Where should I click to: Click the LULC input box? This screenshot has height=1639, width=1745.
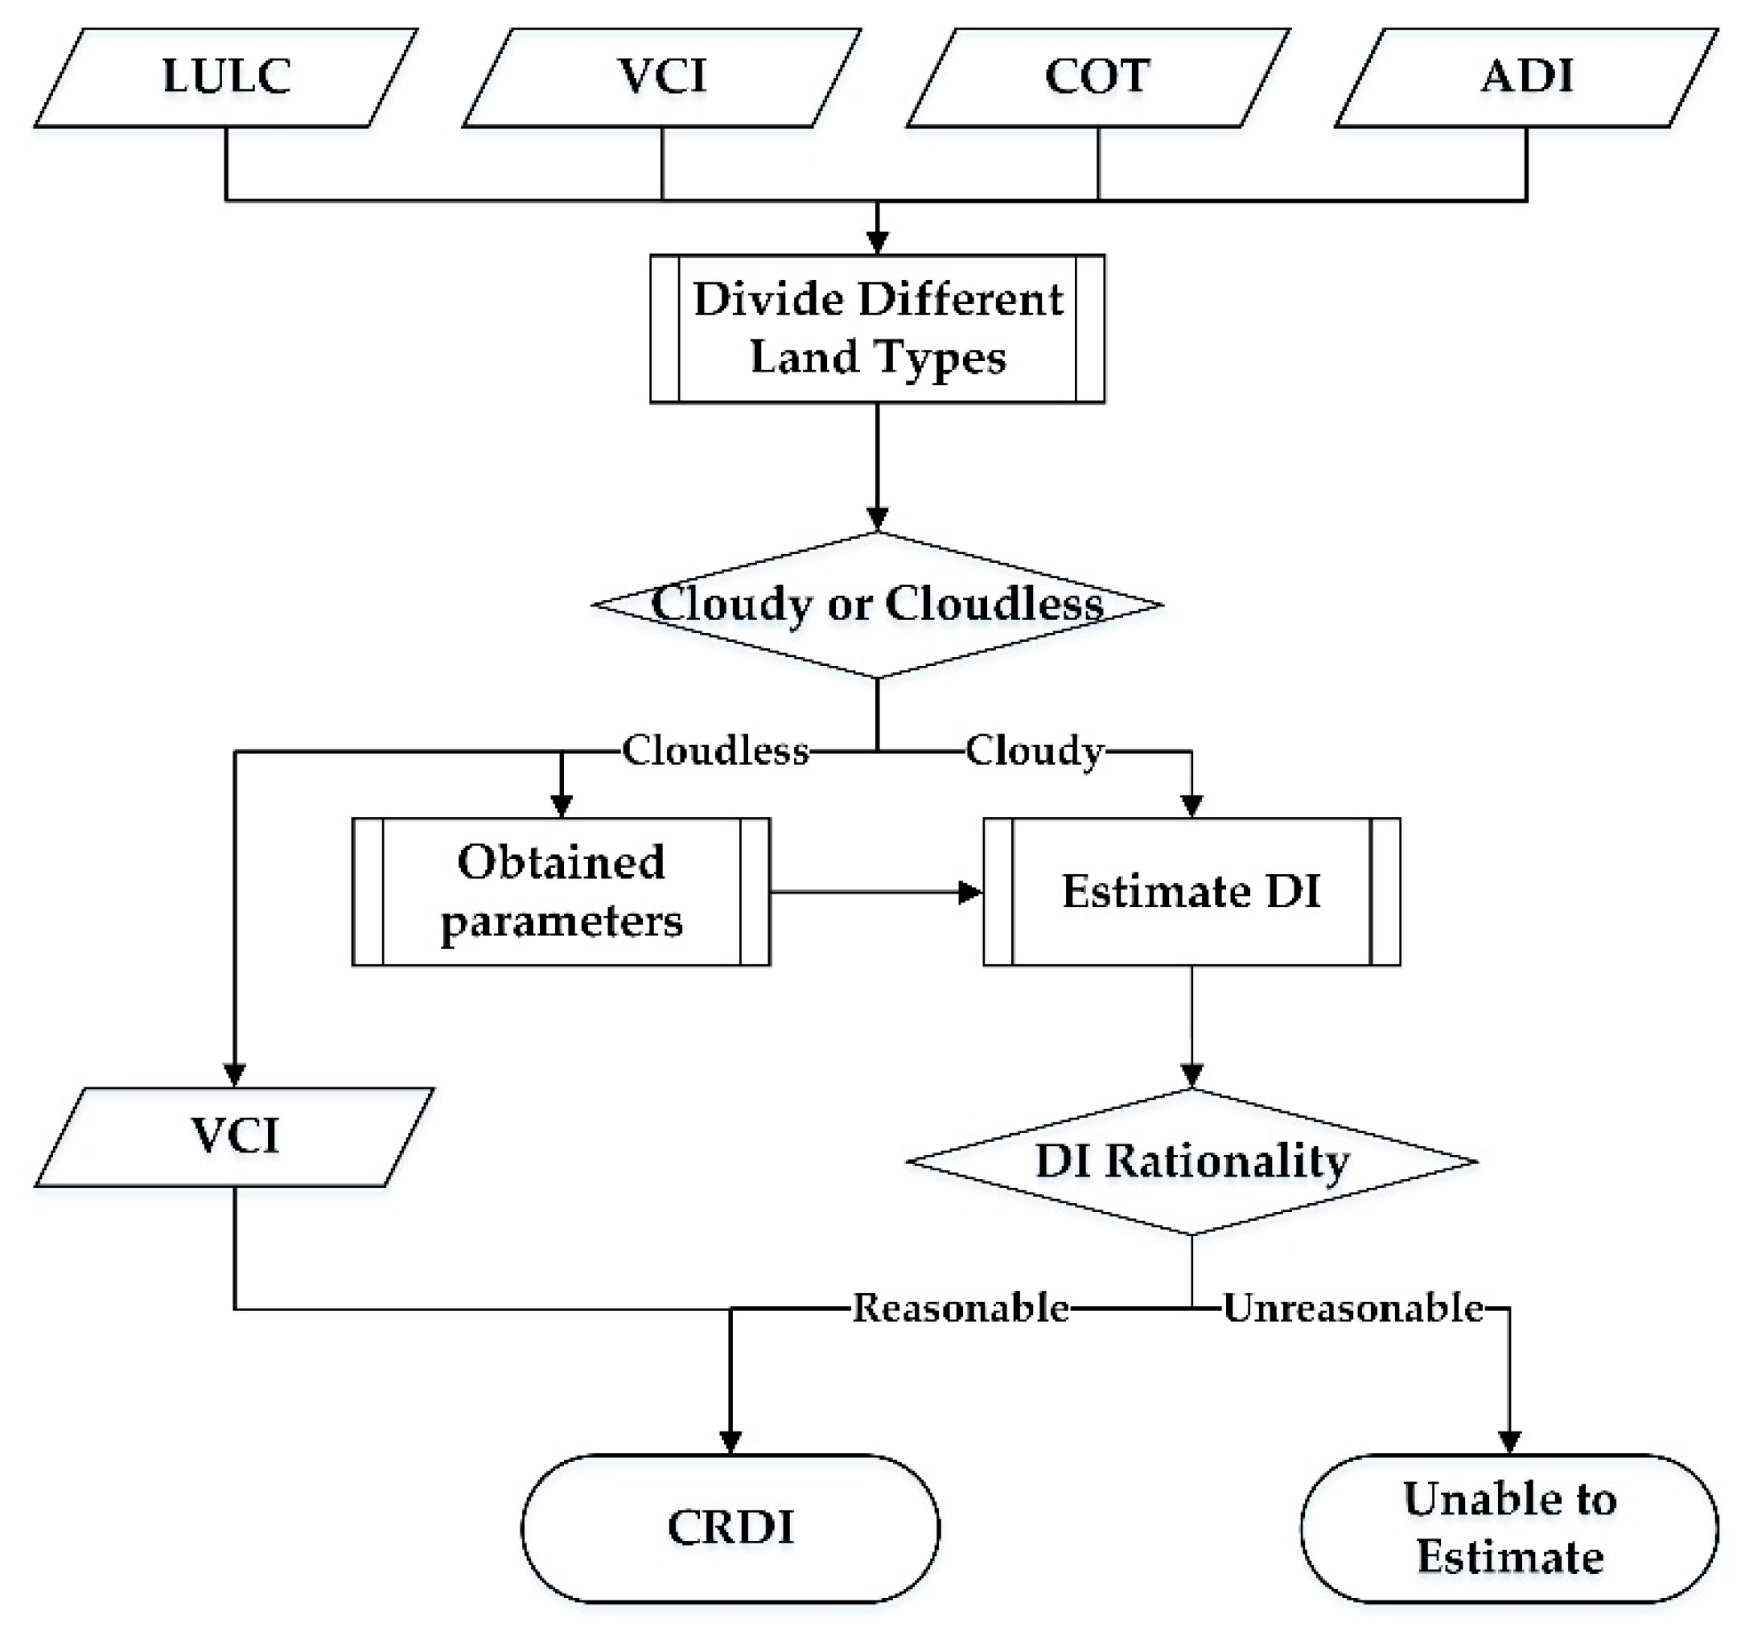pos(225,77)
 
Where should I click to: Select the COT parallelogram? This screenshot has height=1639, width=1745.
pos(1097,77)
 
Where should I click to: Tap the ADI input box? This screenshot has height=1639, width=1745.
pos(1525,77)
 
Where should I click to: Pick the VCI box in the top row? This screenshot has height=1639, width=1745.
pos(662,77)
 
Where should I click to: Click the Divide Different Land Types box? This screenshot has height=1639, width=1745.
pos(877,329)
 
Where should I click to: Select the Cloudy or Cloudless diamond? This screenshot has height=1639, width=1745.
pos(877,605)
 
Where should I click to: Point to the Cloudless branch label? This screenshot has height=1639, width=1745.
pos(715,751)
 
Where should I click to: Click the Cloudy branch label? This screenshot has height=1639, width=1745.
pos(1034,751)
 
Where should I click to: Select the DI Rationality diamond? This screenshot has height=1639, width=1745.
pos(1191,1161)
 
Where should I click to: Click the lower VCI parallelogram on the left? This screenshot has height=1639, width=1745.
pos(234,1137)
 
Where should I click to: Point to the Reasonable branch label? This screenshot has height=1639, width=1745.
pos(961,1308)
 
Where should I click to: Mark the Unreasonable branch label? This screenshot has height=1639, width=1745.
pos(1352,1308)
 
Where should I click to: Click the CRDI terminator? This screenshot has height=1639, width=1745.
pos(731,1527)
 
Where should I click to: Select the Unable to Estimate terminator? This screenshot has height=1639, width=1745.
pos(1509,1527)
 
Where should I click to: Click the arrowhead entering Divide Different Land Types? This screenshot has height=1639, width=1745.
pos(877,242)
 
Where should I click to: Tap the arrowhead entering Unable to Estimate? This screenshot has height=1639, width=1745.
pos(1509,1442)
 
